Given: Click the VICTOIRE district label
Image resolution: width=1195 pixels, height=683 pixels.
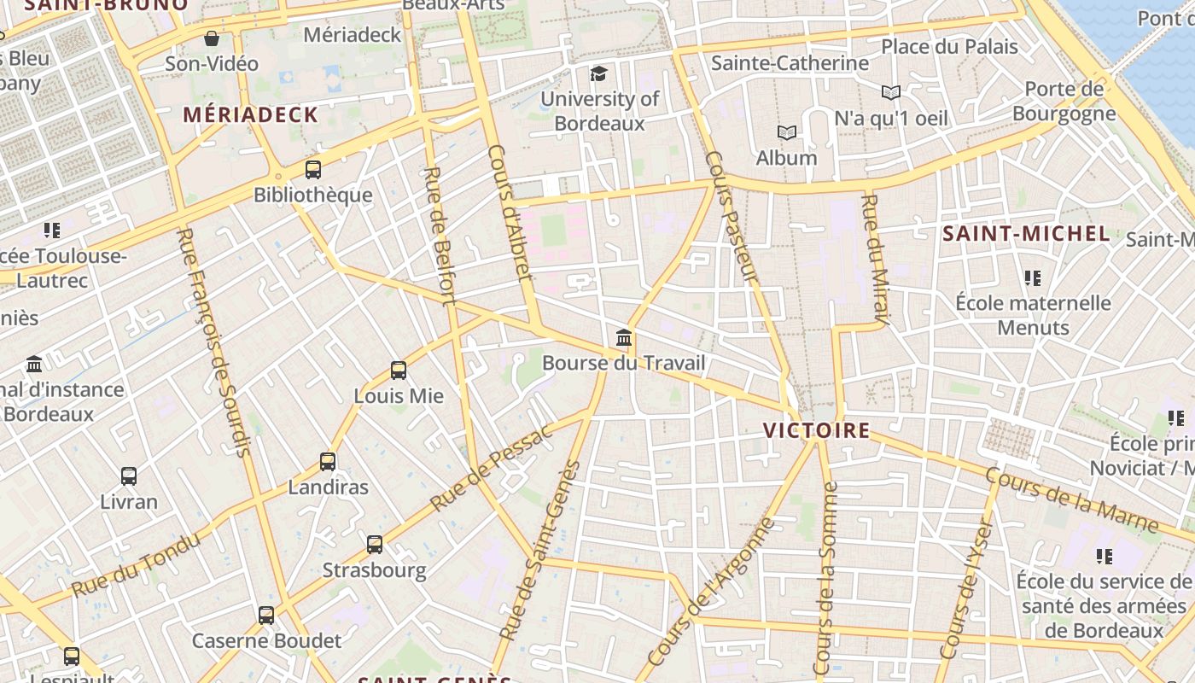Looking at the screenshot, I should click(x=817, y=430).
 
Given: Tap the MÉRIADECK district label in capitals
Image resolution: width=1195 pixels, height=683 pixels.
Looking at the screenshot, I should click(x=250, y=114).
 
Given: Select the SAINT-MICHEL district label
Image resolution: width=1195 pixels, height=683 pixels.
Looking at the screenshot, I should click(x=1026, y=233).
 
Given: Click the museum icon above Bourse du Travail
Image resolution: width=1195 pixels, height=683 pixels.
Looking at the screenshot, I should click(x=624, y=338).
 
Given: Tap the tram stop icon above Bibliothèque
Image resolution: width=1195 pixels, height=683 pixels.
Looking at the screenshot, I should click(x=313, y=169).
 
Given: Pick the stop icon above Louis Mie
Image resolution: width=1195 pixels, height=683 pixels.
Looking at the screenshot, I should click(x=399, y=371).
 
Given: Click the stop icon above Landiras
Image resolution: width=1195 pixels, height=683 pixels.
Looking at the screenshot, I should click(x=328, y=462).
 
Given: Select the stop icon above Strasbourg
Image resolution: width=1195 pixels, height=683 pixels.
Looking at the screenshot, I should click(x=375, y=545).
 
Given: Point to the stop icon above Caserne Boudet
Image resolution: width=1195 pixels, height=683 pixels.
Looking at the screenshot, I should click(x=266, y=615).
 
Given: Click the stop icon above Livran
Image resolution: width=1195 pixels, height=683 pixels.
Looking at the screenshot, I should click(x=129, y=476).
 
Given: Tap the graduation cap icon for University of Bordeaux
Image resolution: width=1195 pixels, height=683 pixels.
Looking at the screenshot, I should click(x=599, y=73).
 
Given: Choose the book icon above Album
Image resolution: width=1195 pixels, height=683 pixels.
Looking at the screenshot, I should click(x=786, y=132).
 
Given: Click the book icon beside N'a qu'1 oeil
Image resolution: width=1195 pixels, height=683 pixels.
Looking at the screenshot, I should click(x=890, y=92).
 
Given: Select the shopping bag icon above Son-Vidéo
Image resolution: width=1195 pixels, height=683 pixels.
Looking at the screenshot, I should click(x=212, y=38).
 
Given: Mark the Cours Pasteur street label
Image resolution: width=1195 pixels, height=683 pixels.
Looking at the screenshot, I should click(x=732, y=217).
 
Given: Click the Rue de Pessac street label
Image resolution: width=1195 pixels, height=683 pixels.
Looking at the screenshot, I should click(x=492, y=468).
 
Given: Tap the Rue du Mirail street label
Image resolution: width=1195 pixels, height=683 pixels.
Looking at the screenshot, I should click(x=877, y=260).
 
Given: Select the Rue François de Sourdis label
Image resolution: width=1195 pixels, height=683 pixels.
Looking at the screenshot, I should click(x=213, y=341).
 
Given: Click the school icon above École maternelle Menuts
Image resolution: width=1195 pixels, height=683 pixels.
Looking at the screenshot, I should click(x=1033, y=278).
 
